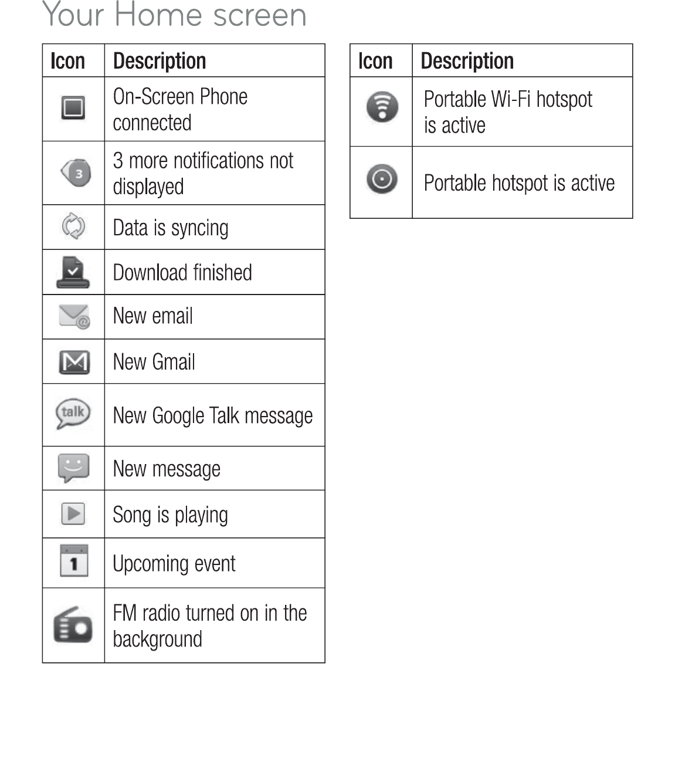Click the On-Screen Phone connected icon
pos(73,108)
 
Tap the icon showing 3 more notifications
pos(76,173)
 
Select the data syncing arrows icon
pos(73,226)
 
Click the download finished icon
pos(73,273)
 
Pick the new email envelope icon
pos(74,317)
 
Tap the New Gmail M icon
pos(74,362)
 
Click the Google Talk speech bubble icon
pos(73,414)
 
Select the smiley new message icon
pos(73,468)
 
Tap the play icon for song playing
pos(73,514)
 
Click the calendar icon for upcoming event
pos(74,561)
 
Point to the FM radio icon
pos(73,625)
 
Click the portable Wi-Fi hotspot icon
pos(382,107)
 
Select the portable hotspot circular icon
pos(382,179)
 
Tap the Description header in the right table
pos(467,61)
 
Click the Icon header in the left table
pos(67,61)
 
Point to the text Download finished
pos(182,273)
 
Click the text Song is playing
pos(170,515)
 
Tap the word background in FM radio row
pos(157,639)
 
